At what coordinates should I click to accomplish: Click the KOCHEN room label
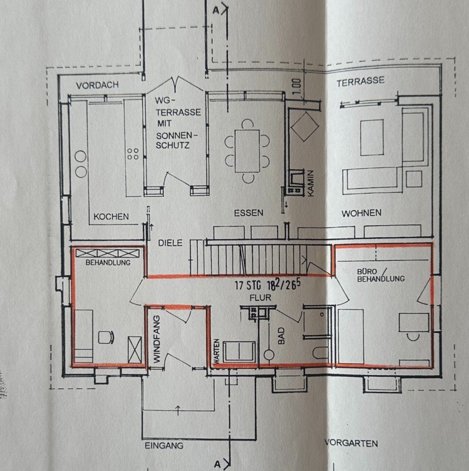point(111,217)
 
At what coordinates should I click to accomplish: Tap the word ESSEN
point(248,213)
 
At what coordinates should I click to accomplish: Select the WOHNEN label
point(361,213)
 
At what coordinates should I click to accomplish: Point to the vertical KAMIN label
point(310,183)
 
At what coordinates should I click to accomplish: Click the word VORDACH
point(97,86)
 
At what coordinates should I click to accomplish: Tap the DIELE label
point(170,243)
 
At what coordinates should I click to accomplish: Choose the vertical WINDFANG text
point(158,339)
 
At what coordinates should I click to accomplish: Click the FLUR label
point(260,298)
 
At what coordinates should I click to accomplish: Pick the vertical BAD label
point(281,336)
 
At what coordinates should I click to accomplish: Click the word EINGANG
point(164,446)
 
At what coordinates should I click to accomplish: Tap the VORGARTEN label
point(351,443)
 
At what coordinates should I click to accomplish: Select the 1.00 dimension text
point(296,86)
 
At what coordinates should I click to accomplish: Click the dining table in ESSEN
point(247,151)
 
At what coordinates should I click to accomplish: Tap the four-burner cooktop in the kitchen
point(133,153)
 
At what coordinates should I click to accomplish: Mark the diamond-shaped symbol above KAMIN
point(305,126)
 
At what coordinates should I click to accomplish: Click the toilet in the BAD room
point(320,353)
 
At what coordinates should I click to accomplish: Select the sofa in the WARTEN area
point(240,352)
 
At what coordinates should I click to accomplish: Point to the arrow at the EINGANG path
point(178,410)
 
